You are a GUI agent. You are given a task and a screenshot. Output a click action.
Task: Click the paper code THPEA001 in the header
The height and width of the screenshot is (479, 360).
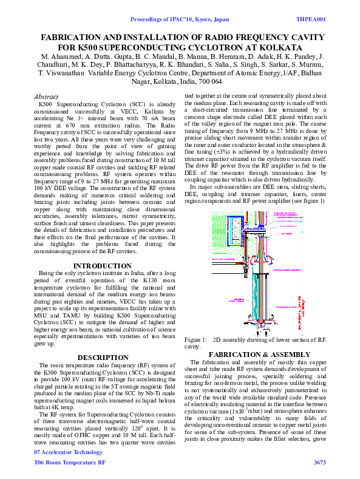click(310, 19)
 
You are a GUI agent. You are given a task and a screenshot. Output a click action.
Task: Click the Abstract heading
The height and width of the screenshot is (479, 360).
click(46, 97)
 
